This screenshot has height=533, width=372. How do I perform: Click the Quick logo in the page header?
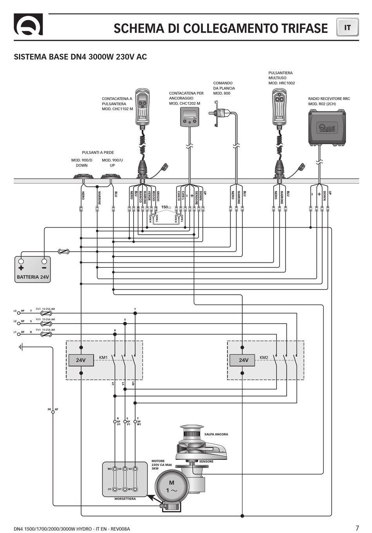[28, 25]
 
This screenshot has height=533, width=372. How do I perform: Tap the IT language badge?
[347, 28]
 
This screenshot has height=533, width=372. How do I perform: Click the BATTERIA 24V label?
[33, 277]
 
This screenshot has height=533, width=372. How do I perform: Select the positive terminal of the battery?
[21, 261]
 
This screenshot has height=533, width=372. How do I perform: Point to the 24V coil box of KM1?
[81, 360]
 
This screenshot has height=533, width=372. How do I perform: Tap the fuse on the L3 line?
[47, 313]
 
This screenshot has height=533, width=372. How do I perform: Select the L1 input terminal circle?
[18, 334]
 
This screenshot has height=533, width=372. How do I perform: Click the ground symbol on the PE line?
[22, 347]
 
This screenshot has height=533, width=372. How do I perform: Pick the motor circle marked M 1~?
[172, 486]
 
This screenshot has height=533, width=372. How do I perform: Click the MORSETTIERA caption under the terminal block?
[125, 499]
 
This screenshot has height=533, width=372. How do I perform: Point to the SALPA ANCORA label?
[216, 434]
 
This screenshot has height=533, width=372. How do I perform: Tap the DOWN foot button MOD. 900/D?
[83, 176]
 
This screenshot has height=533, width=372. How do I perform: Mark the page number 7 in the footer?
[357, 528]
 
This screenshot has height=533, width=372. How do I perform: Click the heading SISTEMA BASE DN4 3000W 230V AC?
[80, 57]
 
